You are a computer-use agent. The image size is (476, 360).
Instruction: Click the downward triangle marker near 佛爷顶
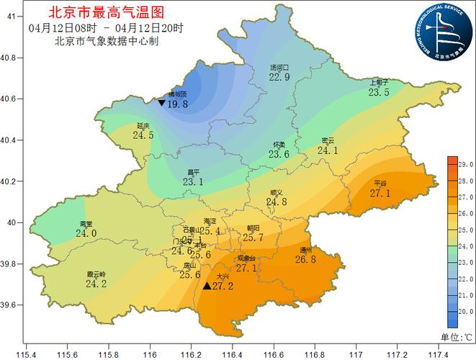(161, 103)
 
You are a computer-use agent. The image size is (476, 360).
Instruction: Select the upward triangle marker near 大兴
(207, 286)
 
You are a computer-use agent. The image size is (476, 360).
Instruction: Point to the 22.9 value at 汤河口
(279, 77)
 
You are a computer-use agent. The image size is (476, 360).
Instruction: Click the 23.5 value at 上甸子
(379, 92)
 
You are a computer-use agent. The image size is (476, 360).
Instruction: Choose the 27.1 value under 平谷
(380, 193)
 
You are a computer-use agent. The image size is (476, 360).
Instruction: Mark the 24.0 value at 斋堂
(86, 233)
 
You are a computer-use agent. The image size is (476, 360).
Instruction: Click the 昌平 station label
(193, 173)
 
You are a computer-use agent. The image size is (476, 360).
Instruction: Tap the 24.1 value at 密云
(328, 150)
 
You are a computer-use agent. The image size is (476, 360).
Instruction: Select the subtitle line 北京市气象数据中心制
(106, 40)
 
